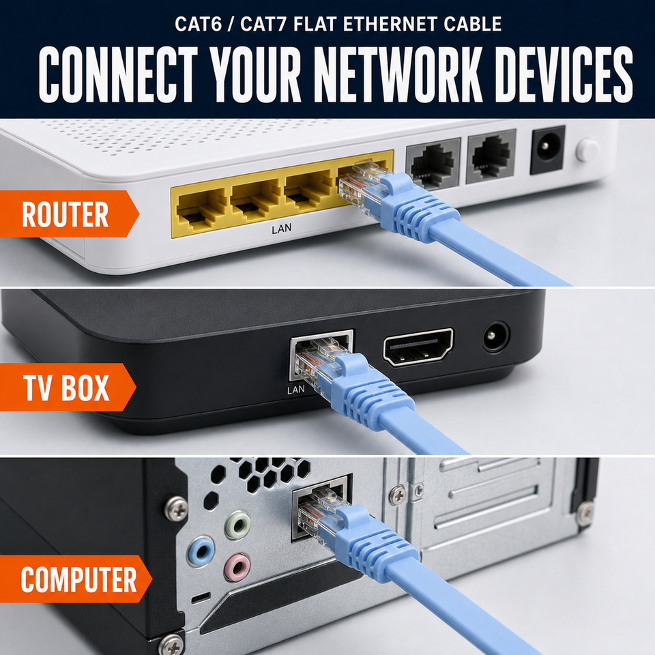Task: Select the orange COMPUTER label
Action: pos(75,579)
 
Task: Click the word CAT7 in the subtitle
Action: pos(263,24)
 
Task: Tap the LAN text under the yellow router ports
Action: pos(282,229)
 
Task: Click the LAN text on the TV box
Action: pos(295,390)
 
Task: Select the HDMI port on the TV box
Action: pos(418,347)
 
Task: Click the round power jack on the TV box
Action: pos(496,336)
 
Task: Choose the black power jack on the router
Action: pos(547,149)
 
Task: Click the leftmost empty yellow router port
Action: pos(200,209)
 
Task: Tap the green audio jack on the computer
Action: pos(237,525)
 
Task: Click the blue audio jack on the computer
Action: pos(201,551)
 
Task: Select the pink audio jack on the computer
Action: pos(237,567)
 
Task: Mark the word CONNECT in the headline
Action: pos(118,74)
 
